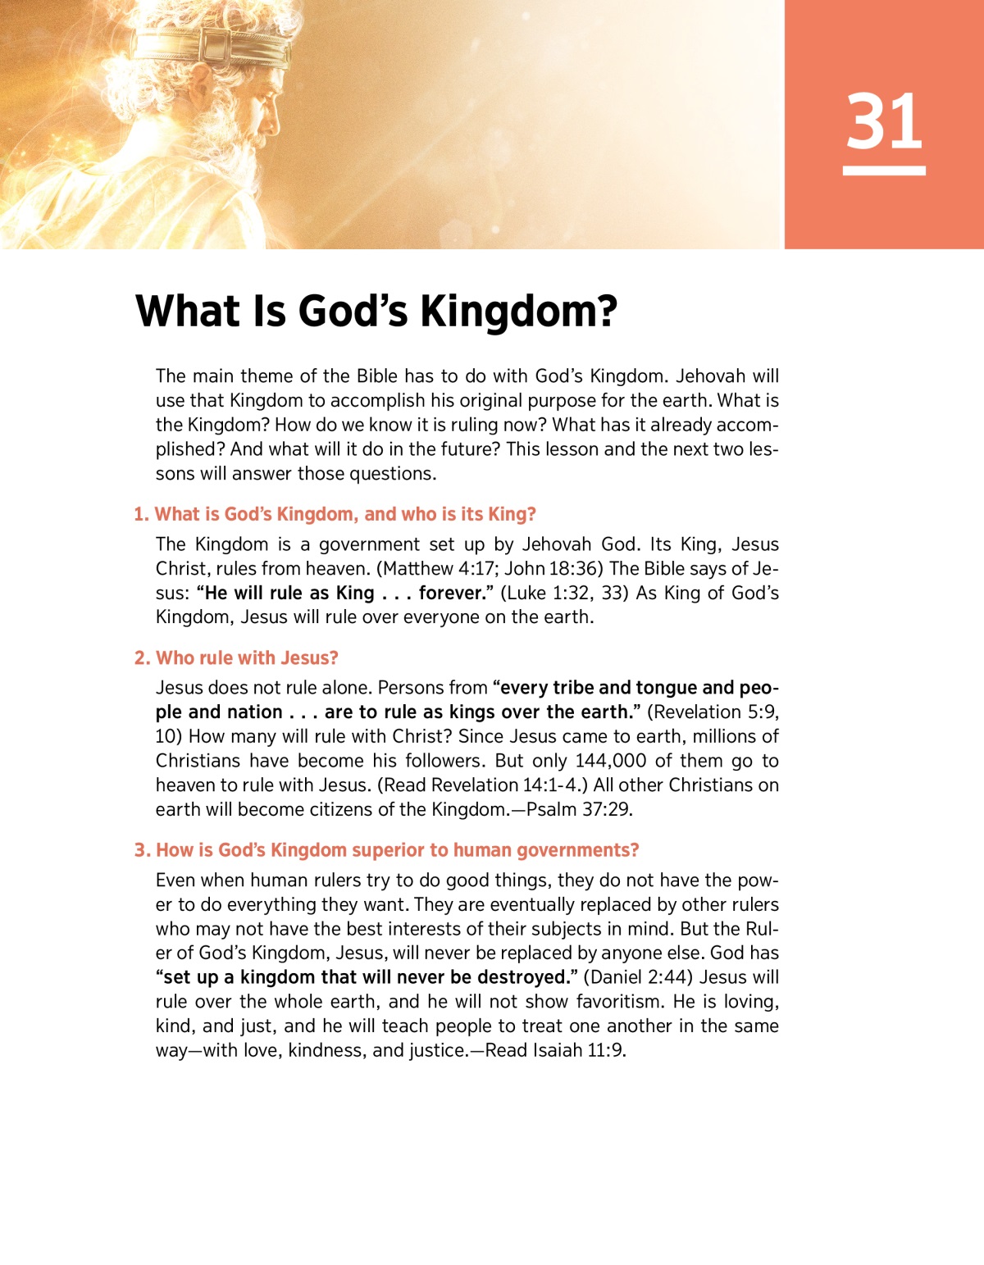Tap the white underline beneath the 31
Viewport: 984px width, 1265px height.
[884, 171]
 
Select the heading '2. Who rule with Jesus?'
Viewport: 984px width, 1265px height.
[236, 658]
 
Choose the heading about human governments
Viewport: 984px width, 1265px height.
[386, 851]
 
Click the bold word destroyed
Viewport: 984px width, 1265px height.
[525, 977]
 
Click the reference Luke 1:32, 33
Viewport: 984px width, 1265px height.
[565, 593]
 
